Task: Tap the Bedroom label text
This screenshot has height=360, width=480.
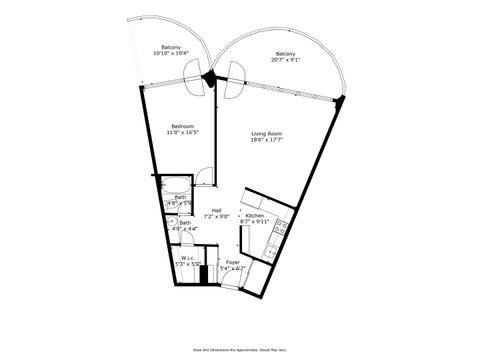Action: (x=180, y=126)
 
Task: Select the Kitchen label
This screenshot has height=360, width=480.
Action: (x=254, y=217)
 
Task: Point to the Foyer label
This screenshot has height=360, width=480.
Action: (x=232, y=262)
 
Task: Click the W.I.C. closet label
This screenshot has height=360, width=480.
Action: (x=187, y=258)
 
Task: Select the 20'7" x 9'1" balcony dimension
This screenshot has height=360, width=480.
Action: (x=285, y=59)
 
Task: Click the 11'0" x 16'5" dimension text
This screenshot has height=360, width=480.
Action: (x=180, y=133)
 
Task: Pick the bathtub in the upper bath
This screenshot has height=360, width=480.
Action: (x=175, y=185)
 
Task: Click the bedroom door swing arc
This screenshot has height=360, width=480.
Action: (x=203, y=177)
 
